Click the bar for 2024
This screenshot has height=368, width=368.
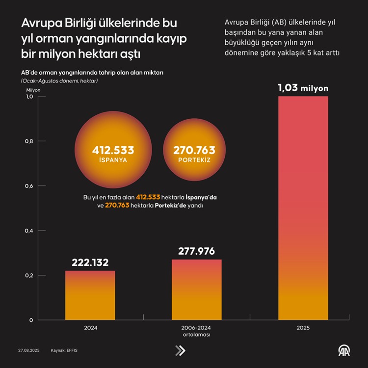[90, 295]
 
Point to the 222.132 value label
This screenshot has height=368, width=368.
[90, 263]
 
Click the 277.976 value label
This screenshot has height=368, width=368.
[196, 251]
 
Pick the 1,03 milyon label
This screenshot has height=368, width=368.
[303, 88]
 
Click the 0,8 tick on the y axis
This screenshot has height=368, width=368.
[29, 141]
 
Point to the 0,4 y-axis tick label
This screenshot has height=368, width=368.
[29, 231]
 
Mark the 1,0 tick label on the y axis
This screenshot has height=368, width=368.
[29, 97]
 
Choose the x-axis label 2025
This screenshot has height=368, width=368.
[303, 327]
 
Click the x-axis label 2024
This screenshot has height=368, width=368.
[90, 327]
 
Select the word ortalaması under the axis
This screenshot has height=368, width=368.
[196, 335]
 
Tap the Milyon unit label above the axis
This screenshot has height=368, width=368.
[34, 90]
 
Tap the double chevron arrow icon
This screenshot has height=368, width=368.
[180, 350]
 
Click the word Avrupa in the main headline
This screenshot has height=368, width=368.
[38, 24]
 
